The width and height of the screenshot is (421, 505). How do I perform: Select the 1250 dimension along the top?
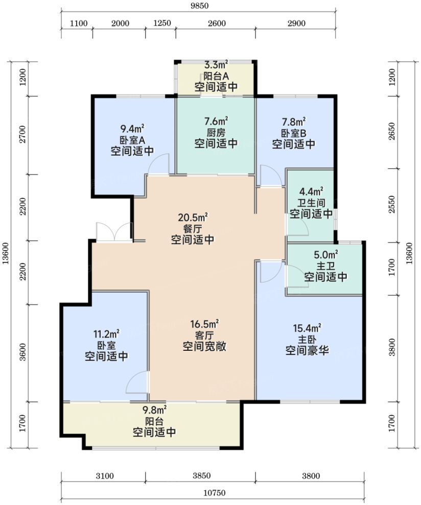click(x=161, y=23)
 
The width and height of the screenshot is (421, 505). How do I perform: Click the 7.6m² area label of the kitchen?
click(x=216, y=122)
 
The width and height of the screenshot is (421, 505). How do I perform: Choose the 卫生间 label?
click(x=311, y=203)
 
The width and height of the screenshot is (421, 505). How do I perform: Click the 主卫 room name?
click(x=325, y=266)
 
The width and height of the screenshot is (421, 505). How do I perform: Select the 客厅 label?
click(x=204, y=335)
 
